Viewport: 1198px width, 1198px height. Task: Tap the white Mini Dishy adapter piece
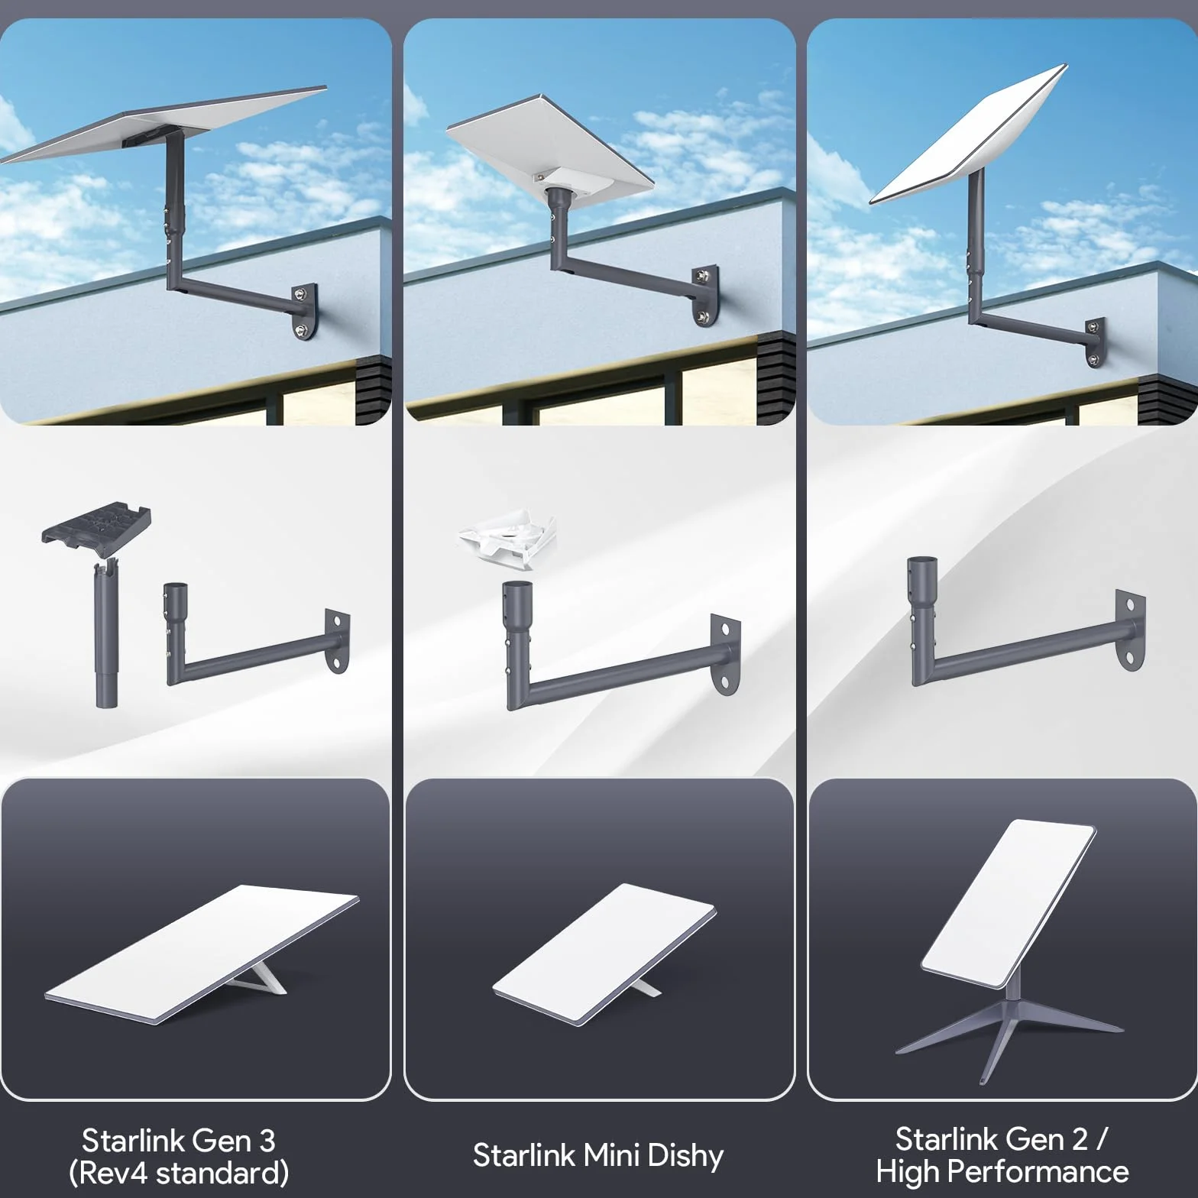point(507,541)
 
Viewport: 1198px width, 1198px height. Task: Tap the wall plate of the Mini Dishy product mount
point(725,654)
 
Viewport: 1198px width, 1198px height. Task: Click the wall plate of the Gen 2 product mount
point(1131,630)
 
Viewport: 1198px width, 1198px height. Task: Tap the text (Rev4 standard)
point(179,1172)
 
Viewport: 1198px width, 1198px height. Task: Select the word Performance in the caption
point(1042,1170)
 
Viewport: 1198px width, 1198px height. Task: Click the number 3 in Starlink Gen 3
point(267,1141)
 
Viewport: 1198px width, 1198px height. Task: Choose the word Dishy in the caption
point(685,1156)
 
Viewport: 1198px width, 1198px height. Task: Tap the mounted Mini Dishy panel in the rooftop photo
point(550,144)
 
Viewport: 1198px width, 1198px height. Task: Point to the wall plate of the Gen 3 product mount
point(337,641)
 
